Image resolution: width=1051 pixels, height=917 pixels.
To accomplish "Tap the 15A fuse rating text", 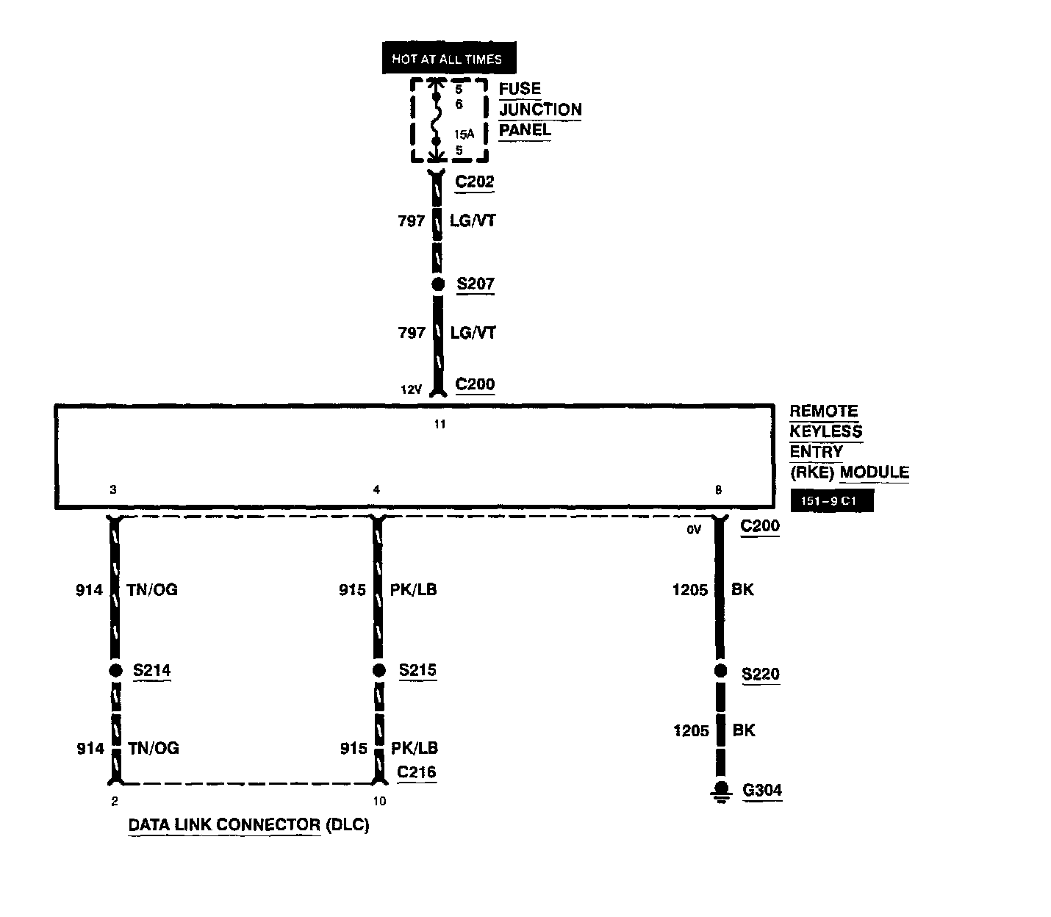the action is pyautogui.click(x=464, y=134).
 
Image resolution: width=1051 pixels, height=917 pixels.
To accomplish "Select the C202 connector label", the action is pyautogui.click(x=474, y=181).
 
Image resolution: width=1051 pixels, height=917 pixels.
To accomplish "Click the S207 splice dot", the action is pyautogui.click(x=438, y=284).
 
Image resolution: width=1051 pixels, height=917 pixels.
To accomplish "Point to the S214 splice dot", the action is pyautogui.click(x=115, y=670).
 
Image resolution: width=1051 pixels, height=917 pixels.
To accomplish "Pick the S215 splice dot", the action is pyautogui.click(x=379, y=670).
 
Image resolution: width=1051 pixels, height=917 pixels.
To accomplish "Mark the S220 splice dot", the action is pyautogui.click(x=720, y=671).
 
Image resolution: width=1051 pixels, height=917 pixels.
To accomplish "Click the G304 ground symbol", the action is pyautogui.click(x=721, y=791).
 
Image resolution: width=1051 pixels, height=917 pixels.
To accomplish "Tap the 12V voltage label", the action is pyautogui.click(x=411, y=390).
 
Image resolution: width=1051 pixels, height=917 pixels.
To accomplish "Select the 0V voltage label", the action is pyautogui.click(x=694, y=529).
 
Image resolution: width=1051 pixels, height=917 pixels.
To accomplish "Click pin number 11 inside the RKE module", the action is pyautogui.click(x=440, y=424).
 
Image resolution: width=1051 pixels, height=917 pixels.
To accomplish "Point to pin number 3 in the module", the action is pyautogui.click(x=112, y=490).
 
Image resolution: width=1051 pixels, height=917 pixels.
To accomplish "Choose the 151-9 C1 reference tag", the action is pyautogui.click(x=832, y=502).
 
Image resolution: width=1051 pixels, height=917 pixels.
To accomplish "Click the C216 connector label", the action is pyautogui.click(x=416, y=772).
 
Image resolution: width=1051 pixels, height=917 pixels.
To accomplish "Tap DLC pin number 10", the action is pyautogui.click(x=379, y=801).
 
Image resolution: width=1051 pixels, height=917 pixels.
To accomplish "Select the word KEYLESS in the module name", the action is pyautogui.click(x=825, y=431).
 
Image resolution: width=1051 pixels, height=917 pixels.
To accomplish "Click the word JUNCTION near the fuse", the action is pyautogui.click(x=540, y=109).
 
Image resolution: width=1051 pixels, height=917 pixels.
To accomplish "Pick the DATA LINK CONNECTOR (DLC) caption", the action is pyautogui.click(x=248, y=824).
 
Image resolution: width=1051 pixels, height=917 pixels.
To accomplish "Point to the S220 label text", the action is pyautogui.click(x=760, y=675).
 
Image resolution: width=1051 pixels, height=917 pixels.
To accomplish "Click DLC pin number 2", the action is pyautogui.click(x=115, y=801).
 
